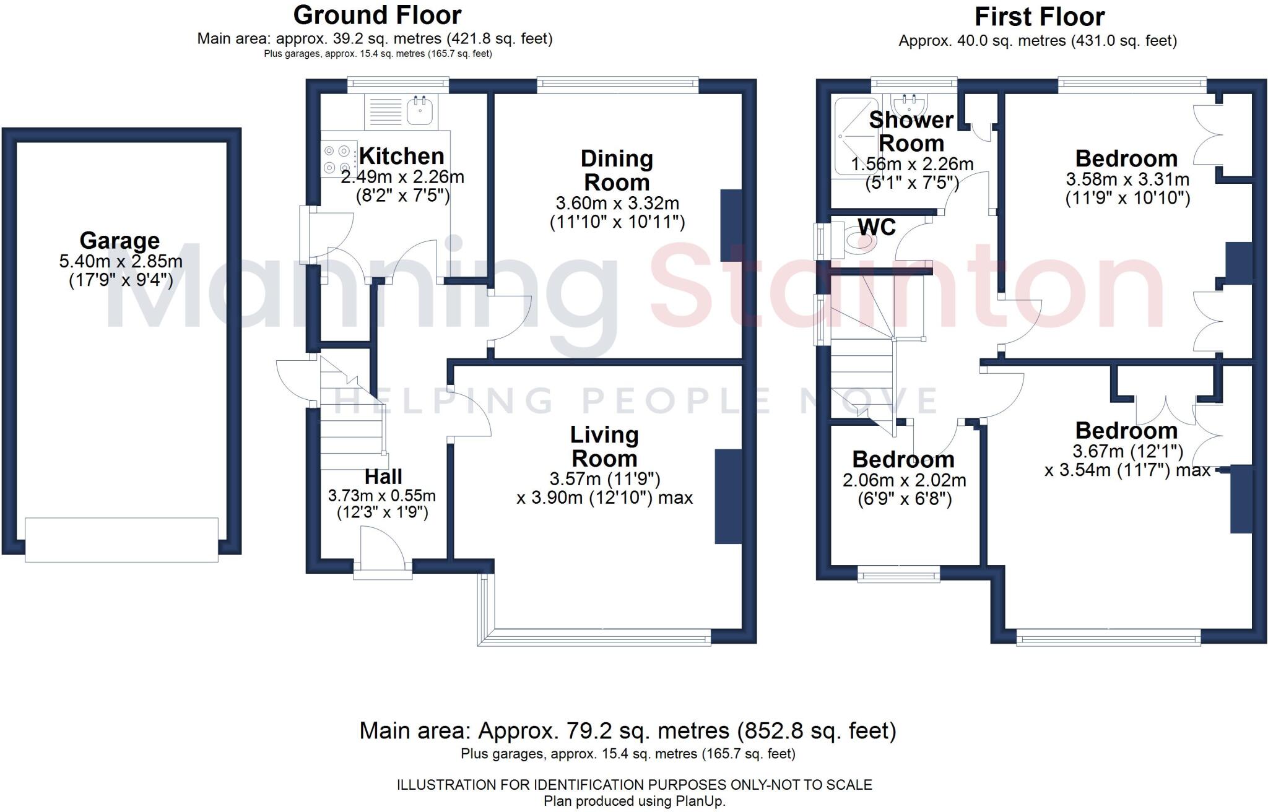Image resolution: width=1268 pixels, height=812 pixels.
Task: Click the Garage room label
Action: (x=119, y=241)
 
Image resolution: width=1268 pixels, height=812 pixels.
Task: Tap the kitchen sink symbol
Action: (x=422, y=111)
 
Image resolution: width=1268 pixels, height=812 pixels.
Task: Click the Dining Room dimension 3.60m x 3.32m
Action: (x=617, y=203)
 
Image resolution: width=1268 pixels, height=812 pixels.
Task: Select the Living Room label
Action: (x=604, y=447)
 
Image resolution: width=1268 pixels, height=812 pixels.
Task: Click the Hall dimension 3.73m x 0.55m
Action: (x=382, y=496)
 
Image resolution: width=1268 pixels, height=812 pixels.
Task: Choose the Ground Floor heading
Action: (x=377, y=15)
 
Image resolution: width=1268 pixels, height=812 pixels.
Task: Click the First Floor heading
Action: (x=1040, y=17)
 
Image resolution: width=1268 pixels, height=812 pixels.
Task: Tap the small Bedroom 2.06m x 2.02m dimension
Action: (x=904, y=480)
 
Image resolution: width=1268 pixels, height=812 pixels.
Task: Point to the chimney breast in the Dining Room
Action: (x=731, y=225)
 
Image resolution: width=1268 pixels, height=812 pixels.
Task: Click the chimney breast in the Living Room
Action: (x=728, y=496)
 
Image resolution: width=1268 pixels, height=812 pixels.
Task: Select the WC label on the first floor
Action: (x=877, y=227)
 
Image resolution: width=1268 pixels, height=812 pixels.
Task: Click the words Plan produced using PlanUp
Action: (x=634, y=801)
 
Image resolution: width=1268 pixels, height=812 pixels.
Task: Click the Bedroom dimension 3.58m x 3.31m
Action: (x=1127, y=179)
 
